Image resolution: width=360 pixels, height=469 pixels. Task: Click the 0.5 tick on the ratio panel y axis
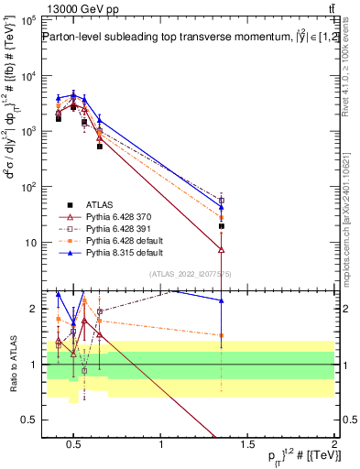[x=27, y=420]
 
